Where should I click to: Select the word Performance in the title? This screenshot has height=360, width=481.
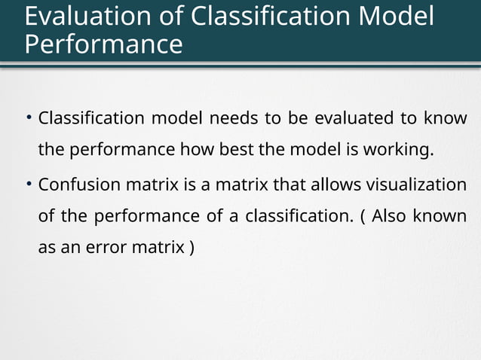(103, 44)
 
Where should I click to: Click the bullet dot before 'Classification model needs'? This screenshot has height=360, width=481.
(28, 117)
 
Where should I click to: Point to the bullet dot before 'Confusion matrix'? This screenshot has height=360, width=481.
(28, 184)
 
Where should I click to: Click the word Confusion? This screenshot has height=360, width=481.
(75, 185)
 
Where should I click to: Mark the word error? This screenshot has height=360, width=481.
(105, 248)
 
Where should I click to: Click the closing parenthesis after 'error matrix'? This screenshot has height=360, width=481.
(191, 248)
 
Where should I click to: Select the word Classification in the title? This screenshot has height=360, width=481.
(266, 16)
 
